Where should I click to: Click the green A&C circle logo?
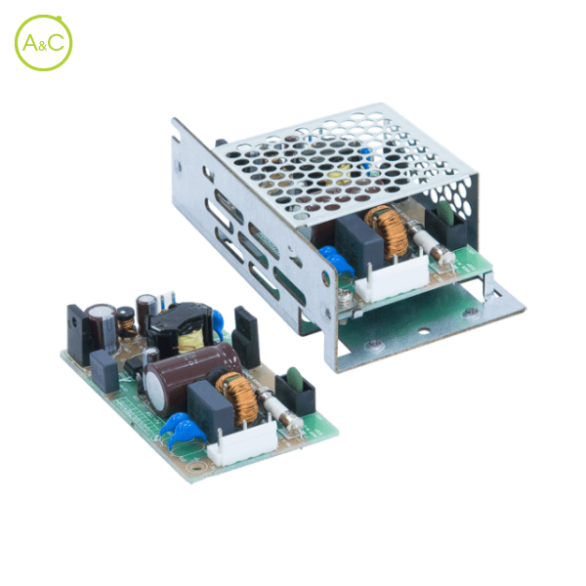pos(43,43)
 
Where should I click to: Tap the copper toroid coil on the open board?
pos(237,397)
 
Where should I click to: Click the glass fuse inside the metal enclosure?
pos(432,242)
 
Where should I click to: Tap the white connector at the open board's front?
pos(243,444)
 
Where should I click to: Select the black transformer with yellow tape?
pos(181,329)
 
